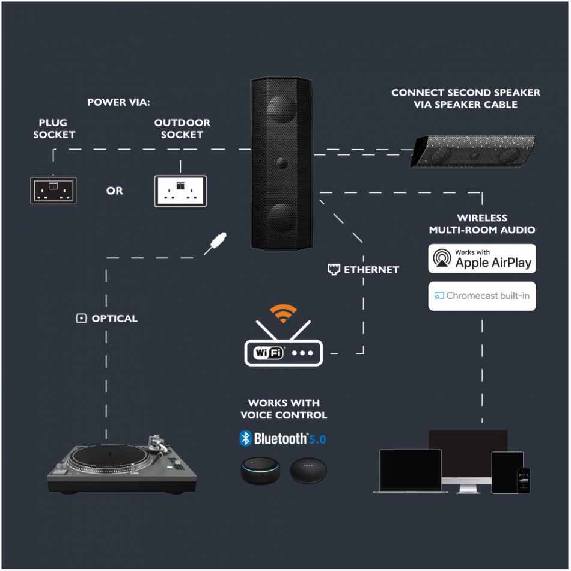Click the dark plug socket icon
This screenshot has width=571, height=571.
[x=53, y=191]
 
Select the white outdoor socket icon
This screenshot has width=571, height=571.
[x=180, y=191]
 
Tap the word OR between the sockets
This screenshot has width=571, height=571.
[x=114, y=191]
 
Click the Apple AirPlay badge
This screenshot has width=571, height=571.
[x=481, y=258]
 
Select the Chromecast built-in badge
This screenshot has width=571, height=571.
[x=481, y=296]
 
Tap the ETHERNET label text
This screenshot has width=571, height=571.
[x=371, y=270]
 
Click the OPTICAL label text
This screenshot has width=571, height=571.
[x=114, y=319]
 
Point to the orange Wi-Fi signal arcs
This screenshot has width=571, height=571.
[x=283, y=313]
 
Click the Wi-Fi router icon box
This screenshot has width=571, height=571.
[x=283, y=352]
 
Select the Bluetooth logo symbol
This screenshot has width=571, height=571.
[x=245, y=439]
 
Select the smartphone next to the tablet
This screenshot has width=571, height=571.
[x=524, y=480]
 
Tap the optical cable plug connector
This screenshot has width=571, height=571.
[x=216, y=243]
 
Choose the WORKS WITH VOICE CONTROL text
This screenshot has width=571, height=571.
[x=284, y=409]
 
